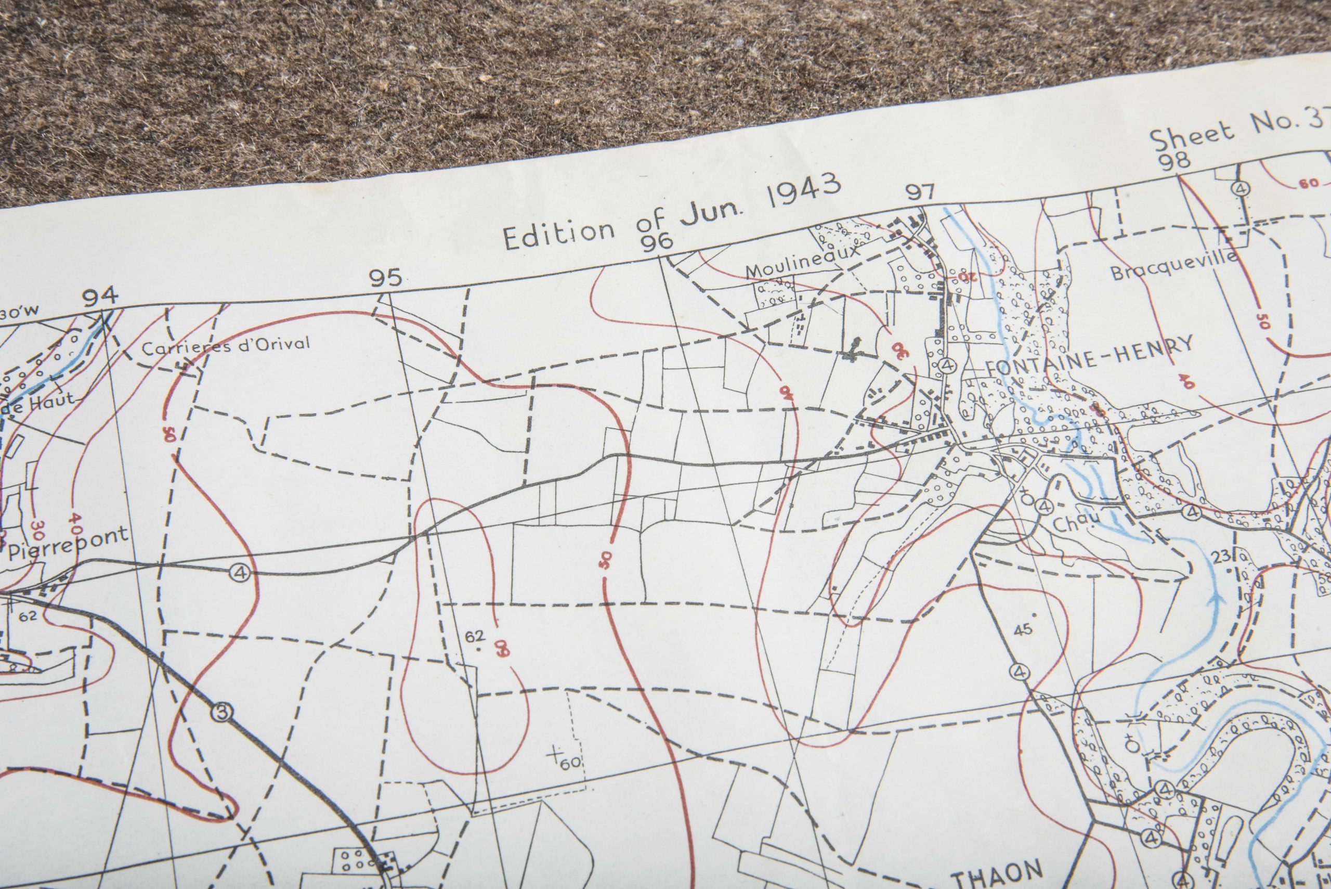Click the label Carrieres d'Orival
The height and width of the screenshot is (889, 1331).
pyautogui.click(x=226, y=345)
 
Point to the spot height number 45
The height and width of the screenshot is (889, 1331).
pyautogui.click(x=1022, y=629)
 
